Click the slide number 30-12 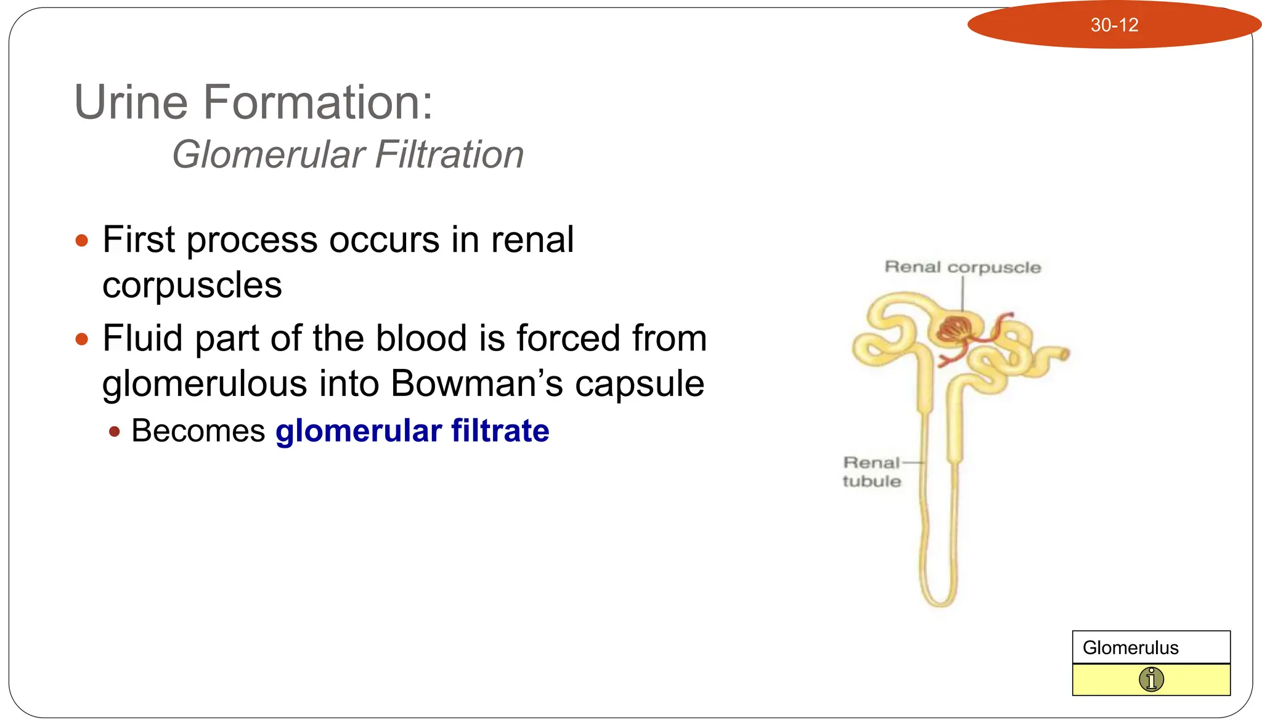1114,25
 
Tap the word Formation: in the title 318,102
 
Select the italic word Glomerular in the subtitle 268,155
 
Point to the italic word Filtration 449,155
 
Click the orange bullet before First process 81,240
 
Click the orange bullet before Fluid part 81,339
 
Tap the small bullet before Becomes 114,431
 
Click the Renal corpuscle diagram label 963,267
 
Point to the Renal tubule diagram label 872,472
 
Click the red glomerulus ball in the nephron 954,330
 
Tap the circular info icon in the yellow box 1151,680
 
